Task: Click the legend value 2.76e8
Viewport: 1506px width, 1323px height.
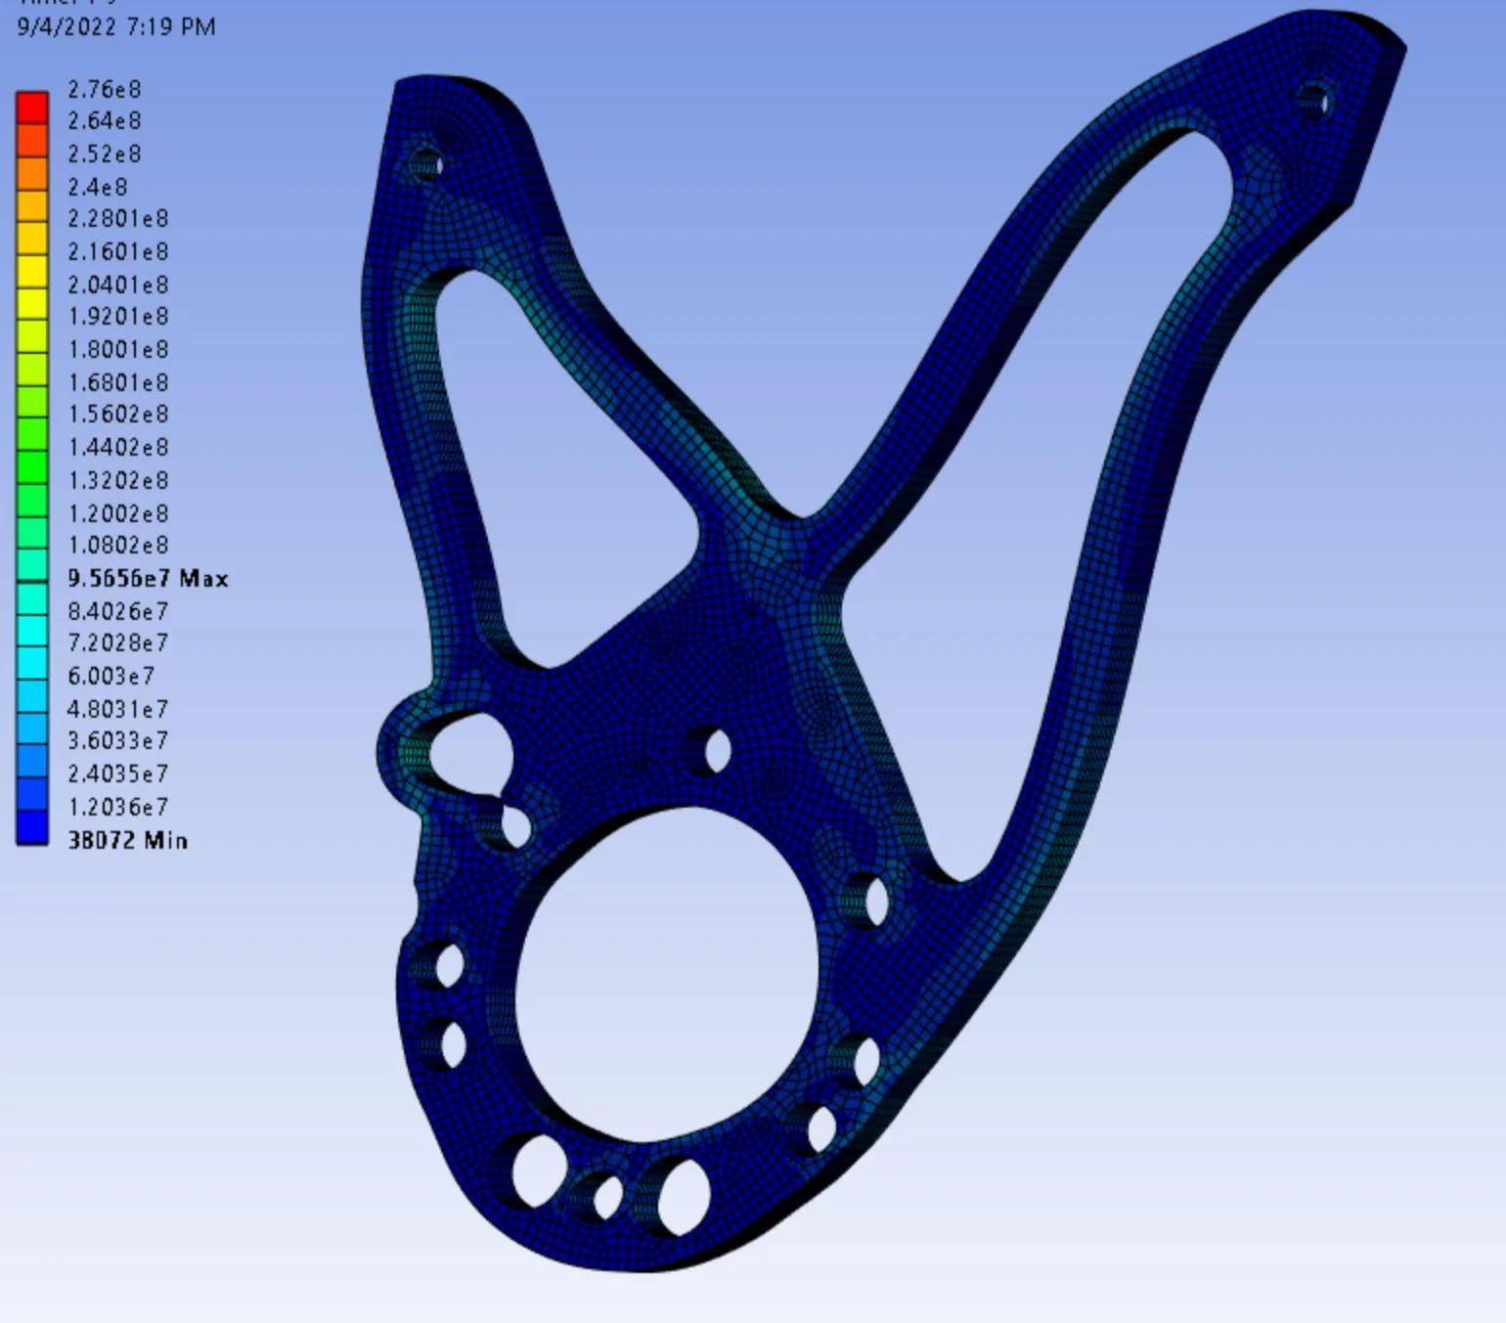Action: click(x=104, y=90)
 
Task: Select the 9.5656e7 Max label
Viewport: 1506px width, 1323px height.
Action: click(x=148, y=579)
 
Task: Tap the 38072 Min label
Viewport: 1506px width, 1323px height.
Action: click(x=127, y=840)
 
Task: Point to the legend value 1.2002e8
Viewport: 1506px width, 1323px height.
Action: click(x=117, y=513)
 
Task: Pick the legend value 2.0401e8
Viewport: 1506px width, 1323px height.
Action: click(x=117, y=285)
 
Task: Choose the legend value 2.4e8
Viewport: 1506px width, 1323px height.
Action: click(x=97, y=187)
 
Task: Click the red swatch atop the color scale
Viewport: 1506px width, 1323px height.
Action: click(x=32, y=107)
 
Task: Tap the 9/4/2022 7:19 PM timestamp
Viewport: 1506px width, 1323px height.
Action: click(x=116, y=27)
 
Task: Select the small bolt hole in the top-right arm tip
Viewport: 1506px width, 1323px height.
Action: click(x=1314, y=101)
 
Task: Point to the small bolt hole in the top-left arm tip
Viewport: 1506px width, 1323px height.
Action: click(x=425, y=164)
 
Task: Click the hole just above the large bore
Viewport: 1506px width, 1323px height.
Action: click(x=717, y=751)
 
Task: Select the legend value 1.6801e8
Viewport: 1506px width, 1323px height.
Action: click(x=117, y=382)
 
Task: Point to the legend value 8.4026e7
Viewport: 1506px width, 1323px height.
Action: click(x=117, y=611)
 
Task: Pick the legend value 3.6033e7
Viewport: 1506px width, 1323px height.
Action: click(x=117, y=740)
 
